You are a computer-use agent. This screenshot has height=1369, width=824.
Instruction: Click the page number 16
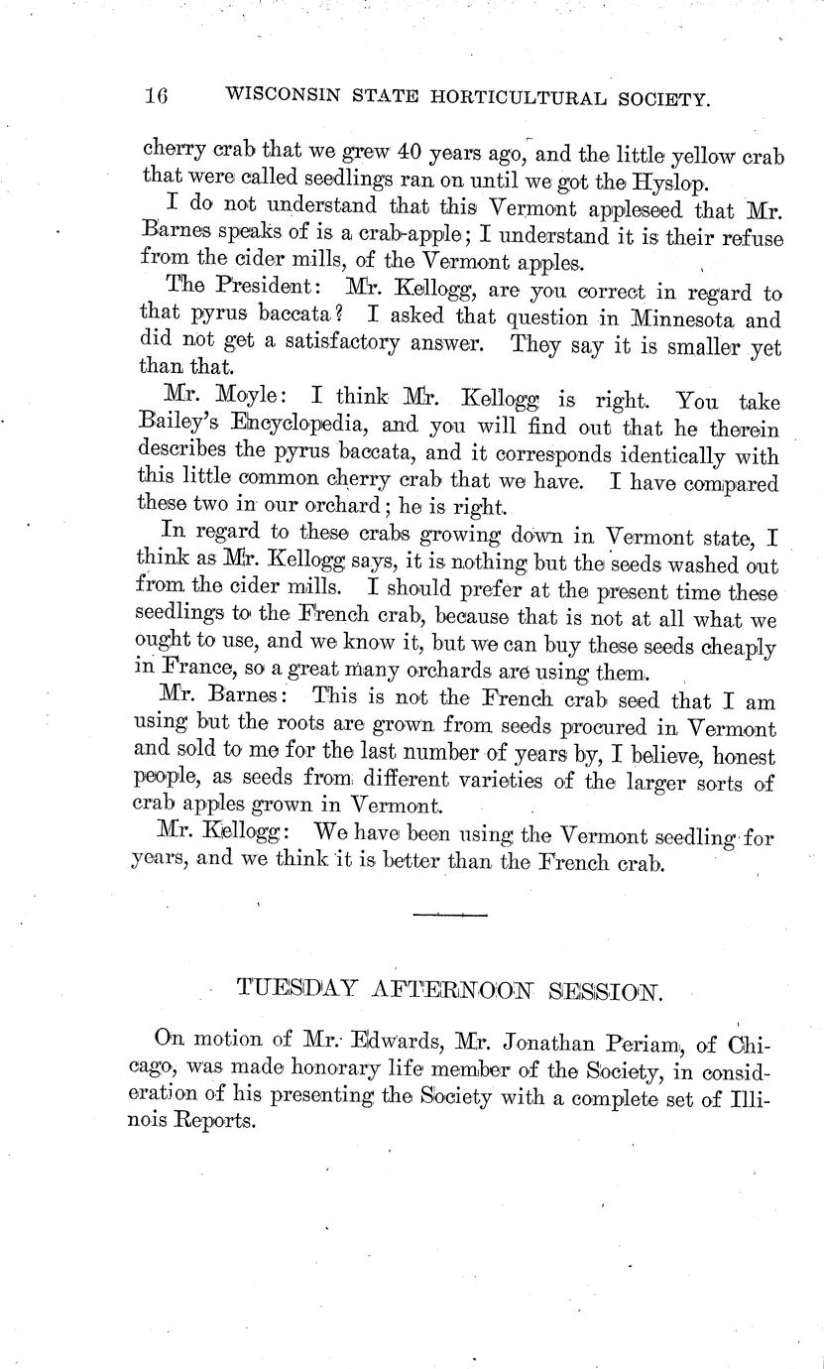tap(156, 96)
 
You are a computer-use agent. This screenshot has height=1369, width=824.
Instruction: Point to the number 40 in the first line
tap(410, 155)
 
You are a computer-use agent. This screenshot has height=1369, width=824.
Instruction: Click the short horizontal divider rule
tap(450, 913)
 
